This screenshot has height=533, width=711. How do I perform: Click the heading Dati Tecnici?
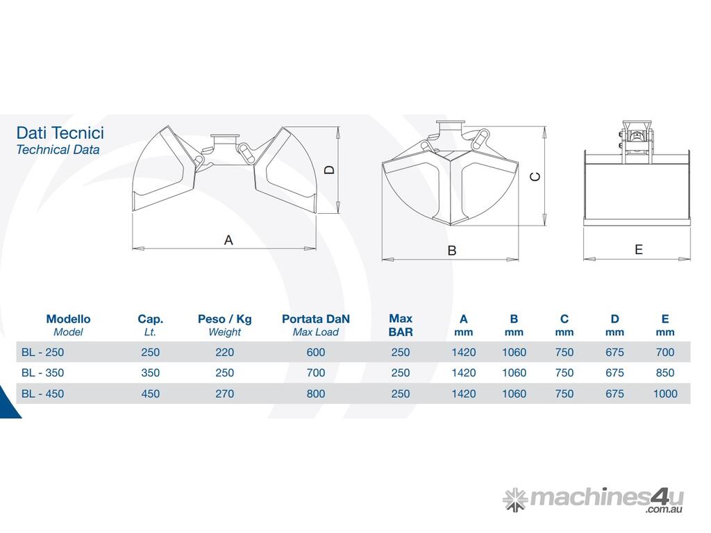[x=60, y=133]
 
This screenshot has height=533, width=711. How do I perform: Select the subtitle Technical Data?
[x=58, y=150]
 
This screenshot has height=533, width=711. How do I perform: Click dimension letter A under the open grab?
[x=228, y=240]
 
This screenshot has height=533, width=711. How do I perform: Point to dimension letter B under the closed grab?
[x=451, y=251]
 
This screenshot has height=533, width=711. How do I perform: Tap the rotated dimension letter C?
[x=535, y=176]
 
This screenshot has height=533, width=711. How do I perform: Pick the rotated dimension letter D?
[x=330, y=170]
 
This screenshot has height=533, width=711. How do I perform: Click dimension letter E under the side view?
[x=639, y=249]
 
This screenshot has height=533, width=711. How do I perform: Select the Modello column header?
[x=68, y=319]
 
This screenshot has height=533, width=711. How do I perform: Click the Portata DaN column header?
[x=316, y=319]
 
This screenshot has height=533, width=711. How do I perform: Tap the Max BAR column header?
[x=401, y=325]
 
